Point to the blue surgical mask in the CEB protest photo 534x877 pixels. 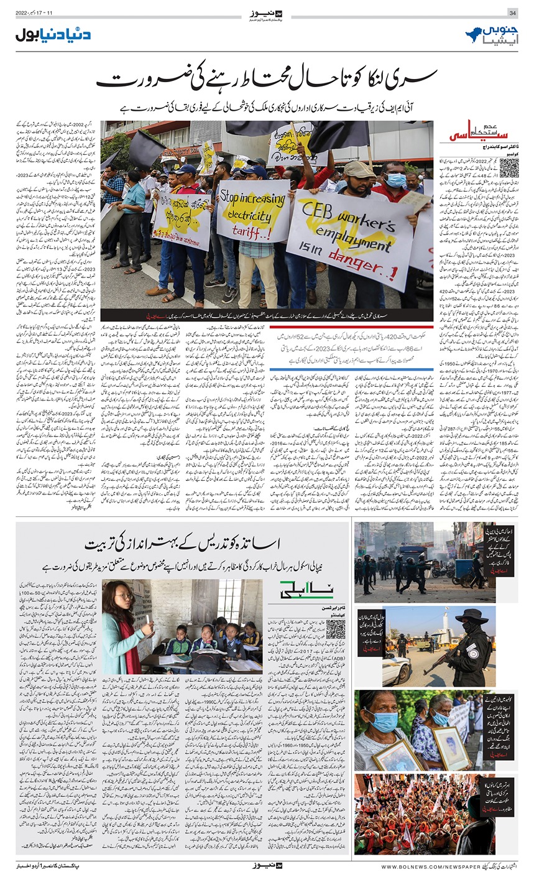[x=395, y=180]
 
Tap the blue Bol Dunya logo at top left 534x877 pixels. [x=53, y=35]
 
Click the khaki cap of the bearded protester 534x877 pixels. [x=359, y=169]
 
